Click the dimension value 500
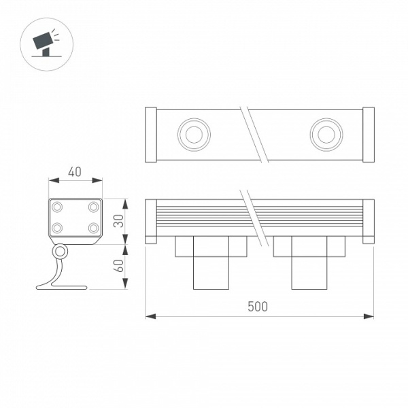tap(257, 307)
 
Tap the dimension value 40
tap(75, 172)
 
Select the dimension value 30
tap(118, 220)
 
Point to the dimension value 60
tap(118, 266)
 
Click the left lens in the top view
tap(192, 134)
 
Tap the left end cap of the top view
tap(152, 135)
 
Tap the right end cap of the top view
tap(368, 135)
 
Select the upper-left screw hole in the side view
tap(58, 206)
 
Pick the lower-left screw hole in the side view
tap(58, 228)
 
